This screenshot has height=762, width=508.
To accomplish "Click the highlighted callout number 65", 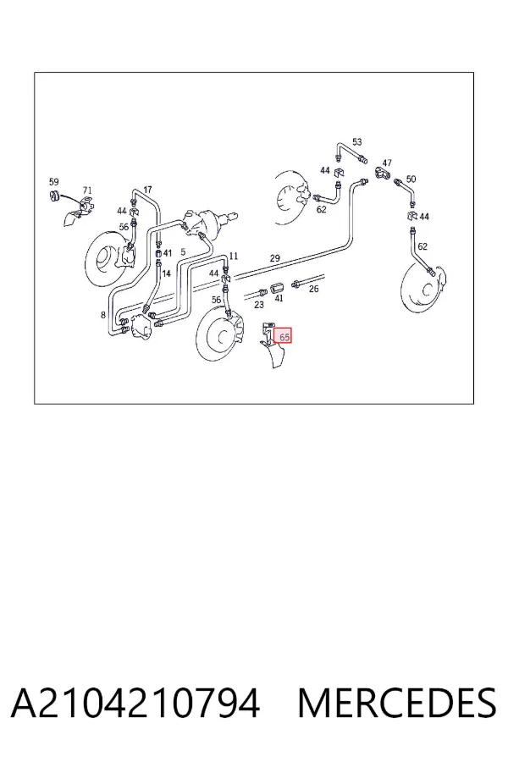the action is pos(284,336).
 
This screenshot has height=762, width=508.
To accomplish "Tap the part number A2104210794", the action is pos(135,704).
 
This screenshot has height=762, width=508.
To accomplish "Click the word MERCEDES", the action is pos(397,704).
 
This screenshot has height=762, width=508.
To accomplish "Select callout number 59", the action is pos(53,182).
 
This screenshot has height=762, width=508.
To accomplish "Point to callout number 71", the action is pos(87,190).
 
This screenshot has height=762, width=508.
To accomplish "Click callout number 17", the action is pos(148,190).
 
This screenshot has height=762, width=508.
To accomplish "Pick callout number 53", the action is pos(357,142).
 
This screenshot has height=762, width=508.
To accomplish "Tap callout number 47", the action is pos(387,163).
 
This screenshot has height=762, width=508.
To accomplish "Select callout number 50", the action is pos(411,179).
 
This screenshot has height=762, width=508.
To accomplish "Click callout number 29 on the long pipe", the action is pos(275,258).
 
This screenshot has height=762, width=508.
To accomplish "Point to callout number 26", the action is pos(314,290).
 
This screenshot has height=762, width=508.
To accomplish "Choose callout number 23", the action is pos(259,305).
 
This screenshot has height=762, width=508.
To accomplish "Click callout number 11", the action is pos(234,256).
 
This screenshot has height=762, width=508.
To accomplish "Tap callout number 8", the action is pos(103,316).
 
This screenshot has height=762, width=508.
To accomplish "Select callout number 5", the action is pos(183,251).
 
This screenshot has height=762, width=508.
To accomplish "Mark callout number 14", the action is pos(166,273).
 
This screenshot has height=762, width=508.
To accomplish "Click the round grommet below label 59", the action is pos(54,196).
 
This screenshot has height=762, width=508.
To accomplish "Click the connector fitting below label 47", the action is pos(382,173).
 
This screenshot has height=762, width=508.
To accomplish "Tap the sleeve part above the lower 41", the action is pos(276,287).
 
